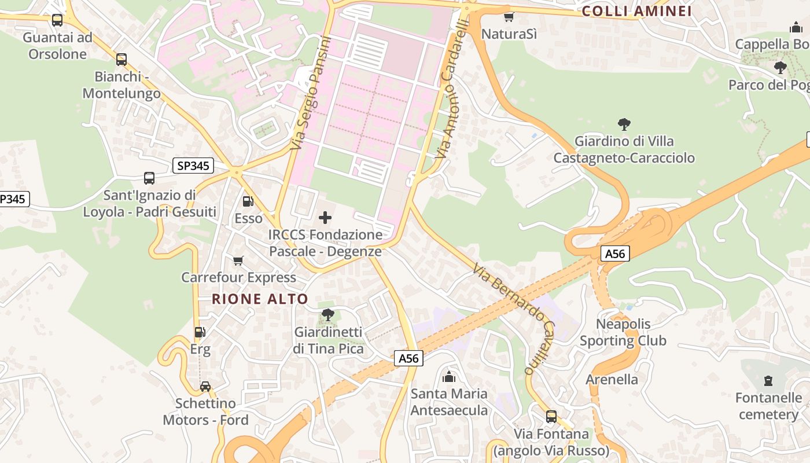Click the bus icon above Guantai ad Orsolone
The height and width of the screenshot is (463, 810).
57,20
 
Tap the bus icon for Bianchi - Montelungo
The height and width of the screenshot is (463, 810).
121,60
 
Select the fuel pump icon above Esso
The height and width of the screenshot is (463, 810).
248,201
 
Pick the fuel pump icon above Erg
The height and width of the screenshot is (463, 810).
200,332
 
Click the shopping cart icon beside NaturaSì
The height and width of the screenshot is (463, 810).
509,17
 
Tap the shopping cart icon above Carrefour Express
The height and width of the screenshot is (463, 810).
238,261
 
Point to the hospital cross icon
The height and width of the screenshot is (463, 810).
325,218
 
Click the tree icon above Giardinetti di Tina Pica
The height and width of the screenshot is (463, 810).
327,315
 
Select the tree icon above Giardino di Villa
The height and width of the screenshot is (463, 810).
624,124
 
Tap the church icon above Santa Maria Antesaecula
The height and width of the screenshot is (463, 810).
448,377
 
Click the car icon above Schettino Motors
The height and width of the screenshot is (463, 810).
205,386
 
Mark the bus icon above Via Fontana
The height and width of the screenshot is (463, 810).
551,416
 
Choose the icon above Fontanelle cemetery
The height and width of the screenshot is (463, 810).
768,380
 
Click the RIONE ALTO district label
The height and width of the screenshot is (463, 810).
260,299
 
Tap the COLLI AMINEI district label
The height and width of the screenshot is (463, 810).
636,12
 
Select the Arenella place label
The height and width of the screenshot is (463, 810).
612,380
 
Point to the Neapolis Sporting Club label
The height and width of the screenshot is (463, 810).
623,332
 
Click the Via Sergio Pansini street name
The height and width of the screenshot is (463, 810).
310,93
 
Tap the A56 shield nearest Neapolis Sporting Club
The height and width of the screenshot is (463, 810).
614,253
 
